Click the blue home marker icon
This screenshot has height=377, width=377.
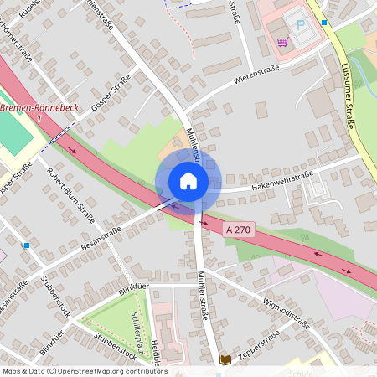coord(188,181)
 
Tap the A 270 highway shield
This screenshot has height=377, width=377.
coord(238,227)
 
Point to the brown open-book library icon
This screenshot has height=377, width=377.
coord(225,359)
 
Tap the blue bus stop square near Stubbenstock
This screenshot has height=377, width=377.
coord(27,245)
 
